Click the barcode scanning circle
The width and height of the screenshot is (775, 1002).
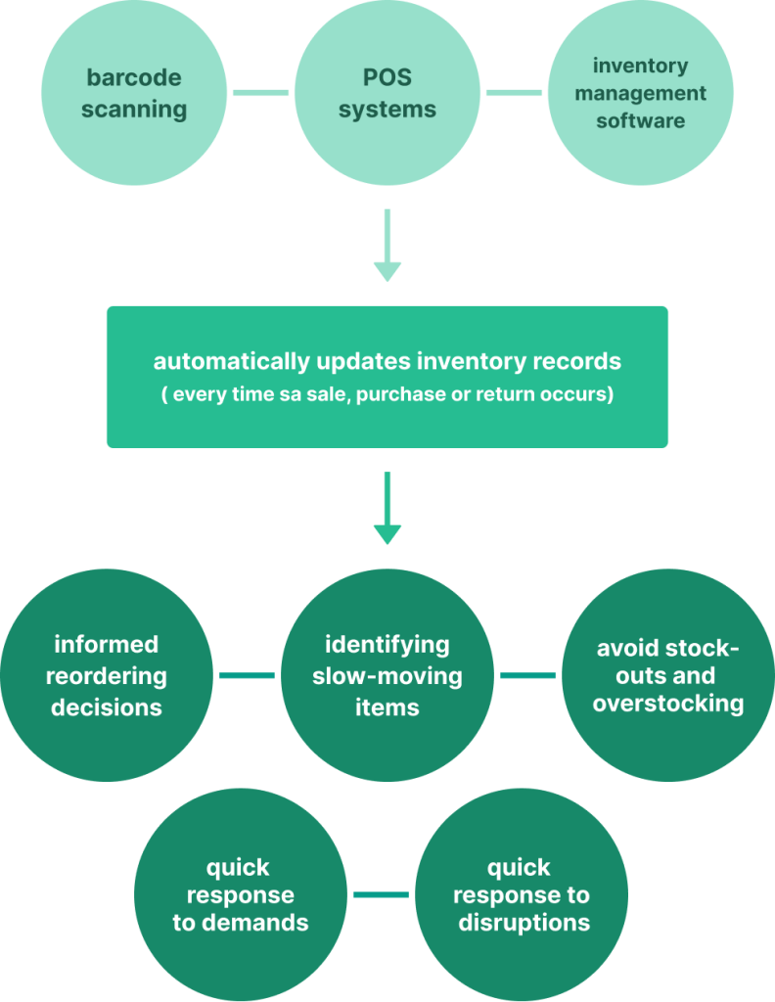[134, 93]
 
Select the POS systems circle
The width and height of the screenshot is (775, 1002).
[387, 93]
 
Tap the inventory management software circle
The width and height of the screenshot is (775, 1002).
[640, 93]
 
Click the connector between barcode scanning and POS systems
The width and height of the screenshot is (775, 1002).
[260, 93]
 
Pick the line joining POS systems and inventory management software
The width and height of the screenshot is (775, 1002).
[514, 93]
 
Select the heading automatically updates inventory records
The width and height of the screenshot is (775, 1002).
[387, 361]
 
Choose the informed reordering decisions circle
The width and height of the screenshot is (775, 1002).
[107, 675]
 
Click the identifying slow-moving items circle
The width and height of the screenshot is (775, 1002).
[387, 675]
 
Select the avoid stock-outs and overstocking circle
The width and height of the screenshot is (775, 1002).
[668, 675]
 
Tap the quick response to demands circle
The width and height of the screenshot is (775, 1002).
[241, 894]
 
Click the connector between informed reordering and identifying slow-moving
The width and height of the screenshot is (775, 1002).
[247, 675]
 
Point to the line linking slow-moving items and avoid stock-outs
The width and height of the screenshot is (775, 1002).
[528, 675]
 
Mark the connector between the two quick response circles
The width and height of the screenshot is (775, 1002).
[382, 894]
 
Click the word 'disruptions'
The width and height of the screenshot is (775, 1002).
[524, 923]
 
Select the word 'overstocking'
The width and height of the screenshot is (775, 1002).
[668, 704]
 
